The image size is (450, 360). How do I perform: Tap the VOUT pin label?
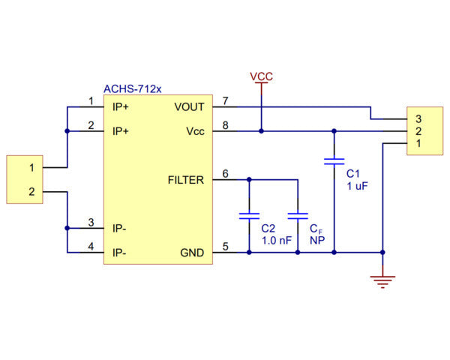coord(189,107)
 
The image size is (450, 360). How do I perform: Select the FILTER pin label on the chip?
coord(185,180)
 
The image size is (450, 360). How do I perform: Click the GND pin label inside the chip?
coord(191,253)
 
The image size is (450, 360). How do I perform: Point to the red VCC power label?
coord(261,76)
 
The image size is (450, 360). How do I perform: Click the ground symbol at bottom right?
coord(383,281)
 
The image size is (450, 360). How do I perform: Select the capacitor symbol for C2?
coord(248,215)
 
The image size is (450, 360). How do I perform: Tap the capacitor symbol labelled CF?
coord(298,215)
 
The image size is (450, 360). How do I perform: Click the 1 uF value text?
coord(356,186)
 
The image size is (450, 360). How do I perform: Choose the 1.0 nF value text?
coord(275,241)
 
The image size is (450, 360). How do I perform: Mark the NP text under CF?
coord(316,241)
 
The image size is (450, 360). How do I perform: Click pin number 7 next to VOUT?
coord(225,100)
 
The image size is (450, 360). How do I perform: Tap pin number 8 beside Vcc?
coord(225,124)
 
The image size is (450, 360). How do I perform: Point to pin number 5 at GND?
coord(225,246)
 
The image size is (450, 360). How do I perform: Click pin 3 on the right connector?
coord(418,118)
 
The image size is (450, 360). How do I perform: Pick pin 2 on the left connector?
coord(31,192)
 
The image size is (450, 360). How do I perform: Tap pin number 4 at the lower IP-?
coord(91,246)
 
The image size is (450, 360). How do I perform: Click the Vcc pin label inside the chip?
coord(195,131)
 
